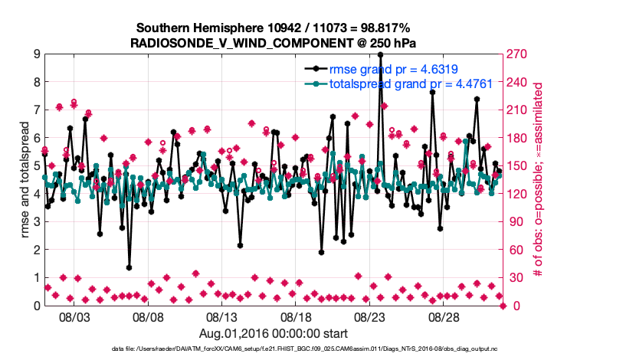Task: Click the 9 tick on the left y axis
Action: [36, 54]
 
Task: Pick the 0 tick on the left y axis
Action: [36, 306]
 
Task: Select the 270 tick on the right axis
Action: [516, 54]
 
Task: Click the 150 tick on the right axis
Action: [516, 166]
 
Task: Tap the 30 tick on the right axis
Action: [513, 278]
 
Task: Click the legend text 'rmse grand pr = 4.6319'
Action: [388, 70]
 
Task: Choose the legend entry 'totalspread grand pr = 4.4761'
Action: [400, 84]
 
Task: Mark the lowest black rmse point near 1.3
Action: [129, 268]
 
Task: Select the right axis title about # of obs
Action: [539, 180]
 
